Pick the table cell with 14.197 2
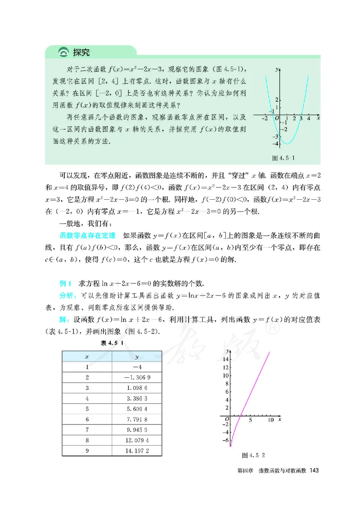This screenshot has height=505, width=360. point(137,449)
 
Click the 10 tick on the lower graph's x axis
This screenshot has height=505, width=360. point(270,420)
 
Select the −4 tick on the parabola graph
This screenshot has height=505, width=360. point(274,143)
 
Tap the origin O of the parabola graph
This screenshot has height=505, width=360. point(277,120)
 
